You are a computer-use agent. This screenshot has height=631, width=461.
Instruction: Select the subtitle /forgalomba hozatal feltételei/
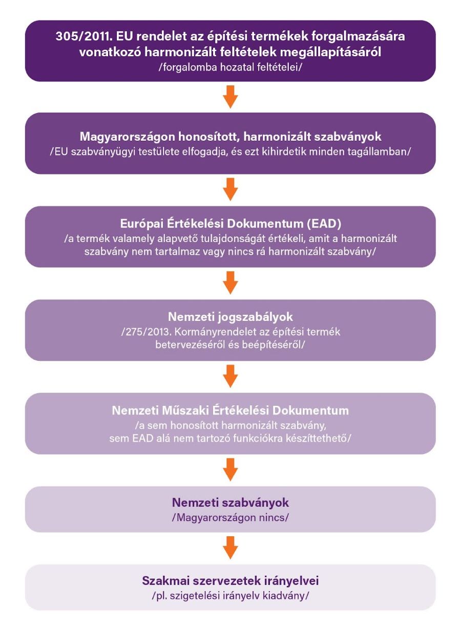[230, 68]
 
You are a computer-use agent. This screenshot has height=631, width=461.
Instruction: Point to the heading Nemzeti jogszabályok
[230, 317]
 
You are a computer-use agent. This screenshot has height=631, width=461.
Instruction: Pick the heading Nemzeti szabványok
[230, 503]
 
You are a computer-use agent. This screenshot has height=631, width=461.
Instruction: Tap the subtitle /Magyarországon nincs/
[230, 518]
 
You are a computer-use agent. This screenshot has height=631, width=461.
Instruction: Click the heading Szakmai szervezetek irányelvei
[230, 581]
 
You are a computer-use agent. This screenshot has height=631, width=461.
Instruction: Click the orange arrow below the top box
[230, 97]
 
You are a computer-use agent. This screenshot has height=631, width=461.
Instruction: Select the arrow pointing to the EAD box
[230, 189]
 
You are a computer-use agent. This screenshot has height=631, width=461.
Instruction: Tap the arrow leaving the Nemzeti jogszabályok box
[230, 376]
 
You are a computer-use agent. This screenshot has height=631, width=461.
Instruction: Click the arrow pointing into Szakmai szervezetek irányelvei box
[230, 548]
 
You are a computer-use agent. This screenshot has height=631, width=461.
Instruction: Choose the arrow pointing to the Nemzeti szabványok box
[230, 470]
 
